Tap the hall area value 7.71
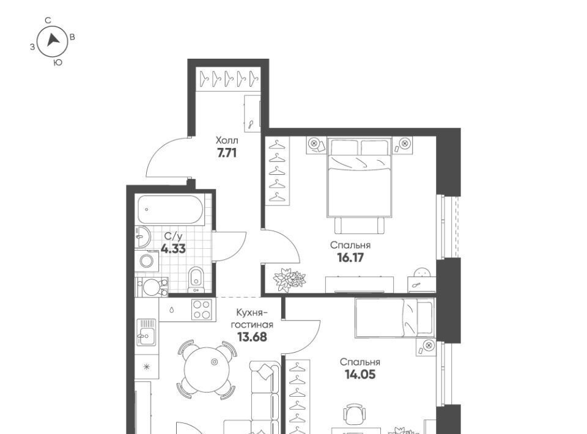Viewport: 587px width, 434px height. pyautogui.click(x=226, y=153)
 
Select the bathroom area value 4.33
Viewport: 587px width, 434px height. pyautogui.click(x=173, y=248)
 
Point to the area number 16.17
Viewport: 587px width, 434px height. pyautogui.click(x=351, y=258)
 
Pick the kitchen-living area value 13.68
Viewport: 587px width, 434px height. pyautogui.click(x=253, y=337)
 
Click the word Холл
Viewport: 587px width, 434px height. pyautogui.click(x=226, y=141)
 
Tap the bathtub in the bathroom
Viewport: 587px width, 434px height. pyautogui.click(x=171, y=210)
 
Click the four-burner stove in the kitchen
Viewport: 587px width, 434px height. pyautogui.click(x=202, y=310)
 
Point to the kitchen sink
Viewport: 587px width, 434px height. pyautogui.click(x=146, y=332)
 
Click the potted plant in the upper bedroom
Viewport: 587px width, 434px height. pyautogui.click(x=289, y=279)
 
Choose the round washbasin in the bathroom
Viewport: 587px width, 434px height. pyautogui.click(x=142, y=237)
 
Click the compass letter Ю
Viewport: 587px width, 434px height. pyautogui.click(x=57, y=63)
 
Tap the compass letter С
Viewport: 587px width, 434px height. pyautogui.click(x=48, y=21)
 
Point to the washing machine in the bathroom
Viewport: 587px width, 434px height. pyautogui.click(x=147, y=261)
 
